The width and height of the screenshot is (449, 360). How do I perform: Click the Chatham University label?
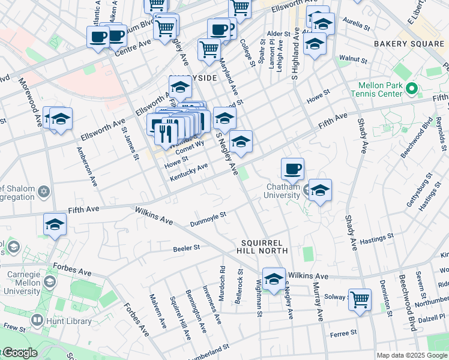(x=283, y=191)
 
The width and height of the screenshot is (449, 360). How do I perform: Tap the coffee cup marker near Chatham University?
(x=292, y=169)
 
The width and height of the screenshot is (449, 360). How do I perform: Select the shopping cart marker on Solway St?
(x=360, y=299)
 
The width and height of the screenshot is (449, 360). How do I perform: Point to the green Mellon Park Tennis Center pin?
(x=411, y=90)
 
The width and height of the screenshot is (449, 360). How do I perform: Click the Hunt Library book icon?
(x=37, y=321)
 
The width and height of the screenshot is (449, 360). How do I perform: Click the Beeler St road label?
(x=186, y=248)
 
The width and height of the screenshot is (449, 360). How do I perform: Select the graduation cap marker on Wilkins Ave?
(x=274, y=280)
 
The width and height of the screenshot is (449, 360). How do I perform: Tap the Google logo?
(x=20, y=353)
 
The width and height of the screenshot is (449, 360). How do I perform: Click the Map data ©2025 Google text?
(x=412, y=355)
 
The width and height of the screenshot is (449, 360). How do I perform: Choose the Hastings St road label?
(x=376, y=237)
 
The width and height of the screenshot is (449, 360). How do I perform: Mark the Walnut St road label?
(x=352, y=60)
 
